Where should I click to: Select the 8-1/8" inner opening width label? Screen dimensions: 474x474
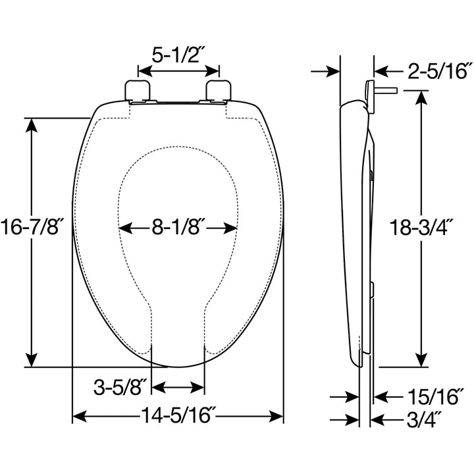coord(177,228)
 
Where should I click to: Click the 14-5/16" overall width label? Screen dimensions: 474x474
coord(178,417)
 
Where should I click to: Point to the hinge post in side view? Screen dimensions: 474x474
coord(380,90)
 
